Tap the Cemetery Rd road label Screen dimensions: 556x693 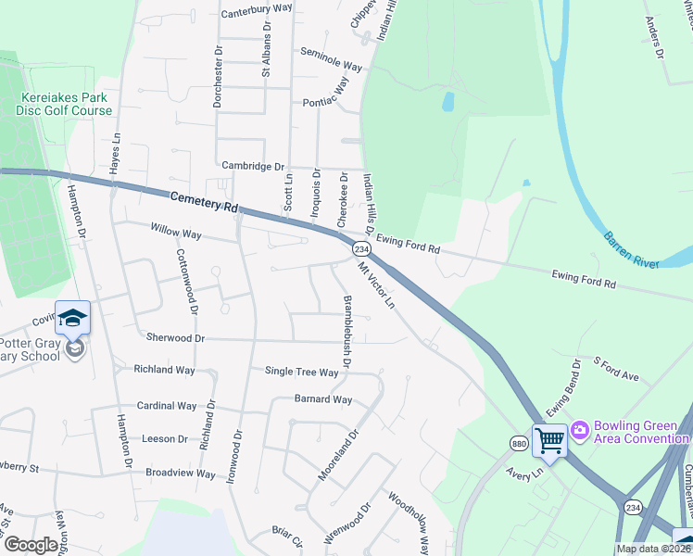tap(203, 201)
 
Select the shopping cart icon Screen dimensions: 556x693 tap(550, 441)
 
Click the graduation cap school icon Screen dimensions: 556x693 tap(72, 320)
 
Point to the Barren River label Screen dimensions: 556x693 tap(630, 249)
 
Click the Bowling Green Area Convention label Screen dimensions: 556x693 tap(641, 431)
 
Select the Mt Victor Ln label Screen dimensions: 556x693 tap(377, 286)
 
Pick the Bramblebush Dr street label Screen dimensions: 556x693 tap(346, 331)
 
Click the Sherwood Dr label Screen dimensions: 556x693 tap(174, 338)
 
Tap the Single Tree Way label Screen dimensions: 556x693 tap(301, 373)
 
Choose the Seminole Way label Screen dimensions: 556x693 tap(331, 67)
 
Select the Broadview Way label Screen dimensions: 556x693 tap(180, 474)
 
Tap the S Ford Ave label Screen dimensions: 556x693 tap(617, 368)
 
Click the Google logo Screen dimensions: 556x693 tap(32, 545)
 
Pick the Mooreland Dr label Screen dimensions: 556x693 tap(337, 454)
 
